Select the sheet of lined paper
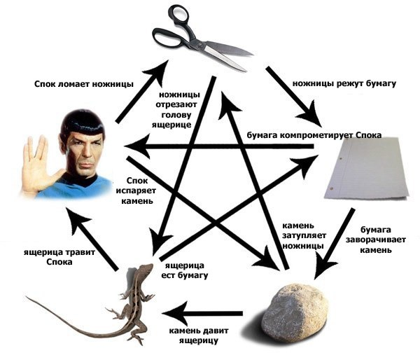[x=366, y=168]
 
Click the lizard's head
[x=146, y=268]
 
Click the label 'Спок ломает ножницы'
[x=84, y=84]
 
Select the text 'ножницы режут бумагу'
[x=344, y=83]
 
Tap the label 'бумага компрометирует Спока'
[x=314, y=135]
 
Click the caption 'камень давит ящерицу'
[x=199, y=335]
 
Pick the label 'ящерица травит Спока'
[x=59, y=257]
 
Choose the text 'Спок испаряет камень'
[x=137, y=191]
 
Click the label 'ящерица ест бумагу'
[x=185, y=270]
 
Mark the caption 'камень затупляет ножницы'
[x=304, y=235]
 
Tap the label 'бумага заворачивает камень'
[x=375, y=240]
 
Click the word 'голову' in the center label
[x=176, y=115]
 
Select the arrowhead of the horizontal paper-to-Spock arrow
[x=137, y=146]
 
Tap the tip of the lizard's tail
[x=27, y=297]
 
